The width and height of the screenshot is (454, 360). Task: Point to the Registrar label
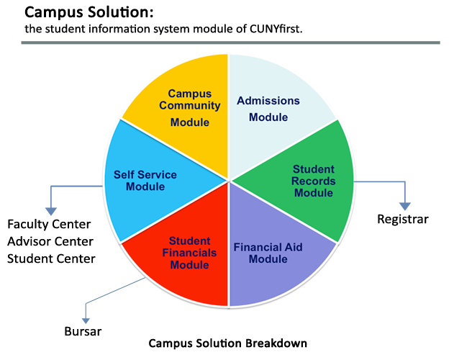point(402,219)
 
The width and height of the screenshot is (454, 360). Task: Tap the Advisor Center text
point(52,241)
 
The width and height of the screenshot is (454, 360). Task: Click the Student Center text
point(51,258)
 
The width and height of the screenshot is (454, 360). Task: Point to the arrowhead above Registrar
point(406,206)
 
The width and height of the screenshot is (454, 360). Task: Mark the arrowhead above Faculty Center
point(51,211)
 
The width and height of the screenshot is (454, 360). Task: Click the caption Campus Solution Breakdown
point(227,343)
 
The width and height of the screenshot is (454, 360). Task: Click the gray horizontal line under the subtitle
point(230,42)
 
